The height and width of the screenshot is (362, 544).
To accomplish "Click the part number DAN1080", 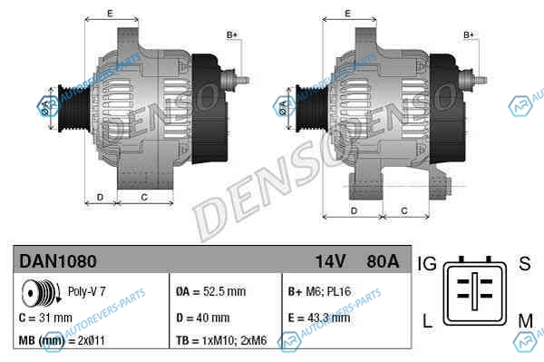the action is tap(58, 261).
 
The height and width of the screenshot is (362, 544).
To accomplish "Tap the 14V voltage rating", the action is tap(330, 261).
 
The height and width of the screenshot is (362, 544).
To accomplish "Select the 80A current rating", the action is tap(383, 261).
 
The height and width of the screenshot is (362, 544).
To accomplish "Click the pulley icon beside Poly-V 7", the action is tap(41, 293).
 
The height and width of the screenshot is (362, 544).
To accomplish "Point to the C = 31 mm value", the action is tap(45, 318).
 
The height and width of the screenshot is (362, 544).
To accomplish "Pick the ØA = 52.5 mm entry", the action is tap(210, 291).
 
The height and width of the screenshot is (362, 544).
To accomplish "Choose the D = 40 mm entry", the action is tap(202, 318).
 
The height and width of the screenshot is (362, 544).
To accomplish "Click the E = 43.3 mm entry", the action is tap(319, 318).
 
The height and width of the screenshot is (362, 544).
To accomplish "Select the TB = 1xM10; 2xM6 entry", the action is tap(221, 340).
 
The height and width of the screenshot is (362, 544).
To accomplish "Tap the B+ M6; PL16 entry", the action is tap(319, 291).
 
